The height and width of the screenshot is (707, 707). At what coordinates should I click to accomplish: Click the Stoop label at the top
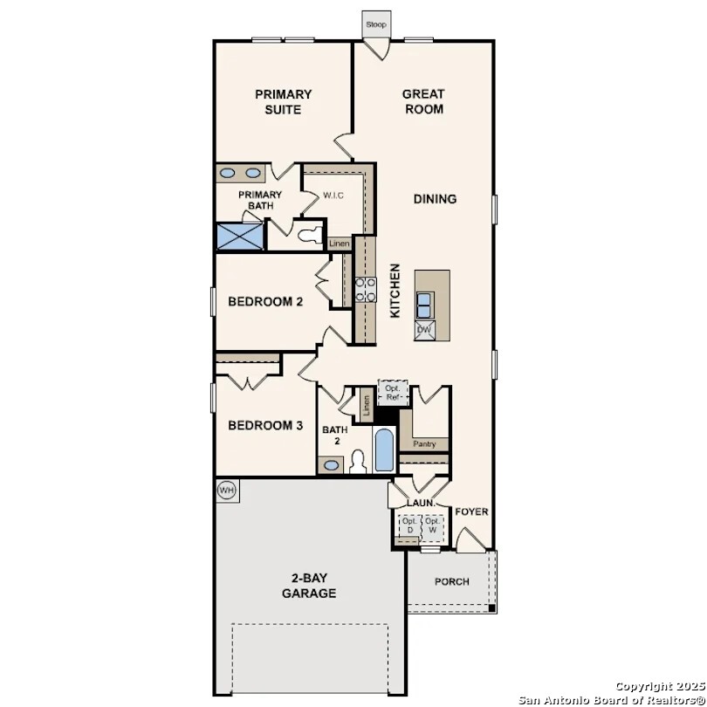coord(375,24)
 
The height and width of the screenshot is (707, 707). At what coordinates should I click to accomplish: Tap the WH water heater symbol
coord(226,491)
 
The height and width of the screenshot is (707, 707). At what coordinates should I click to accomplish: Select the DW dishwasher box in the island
coord(424,330)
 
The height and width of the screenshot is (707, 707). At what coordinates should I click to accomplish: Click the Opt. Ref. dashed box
coord(393,393)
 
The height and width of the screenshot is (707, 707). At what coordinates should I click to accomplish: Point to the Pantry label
coord(424,444)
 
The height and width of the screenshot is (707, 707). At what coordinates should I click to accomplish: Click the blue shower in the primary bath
coord(239,236)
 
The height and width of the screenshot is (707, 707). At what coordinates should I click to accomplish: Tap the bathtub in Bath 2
coord(383,450)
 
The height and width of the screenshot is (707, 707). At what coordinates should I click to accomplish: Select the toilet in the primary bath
coord(307,234)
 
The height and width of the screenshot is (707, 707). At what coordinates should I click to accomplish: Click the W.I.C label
coord(333,196)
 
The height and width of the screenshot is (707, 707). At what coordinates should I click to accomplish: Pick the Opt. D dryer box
coord(409,525)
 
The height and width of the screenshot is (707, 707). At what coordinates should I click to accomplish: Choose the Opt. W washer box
coord(432,525)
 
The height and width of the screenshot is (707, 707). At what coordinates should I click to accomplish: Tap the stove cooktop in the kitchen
coord(365,289)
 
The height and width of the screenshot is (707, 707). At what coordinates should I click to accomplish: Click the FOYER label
coord(472,511)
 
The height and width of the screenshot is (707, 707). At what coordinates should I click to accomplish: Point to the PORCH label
coord(451,581)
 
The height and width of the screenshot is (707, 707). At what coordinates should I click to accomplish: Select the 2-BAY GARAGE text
coord(309,586)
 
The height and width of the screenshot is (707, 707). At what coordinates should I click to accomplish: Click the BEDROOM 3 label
coord(265,426)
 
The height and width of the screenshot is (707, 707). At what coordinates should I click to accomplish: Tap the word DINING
coord(435,199)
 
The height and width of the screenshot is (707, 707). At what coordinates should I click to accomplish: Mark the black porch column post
coord(492,608)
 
